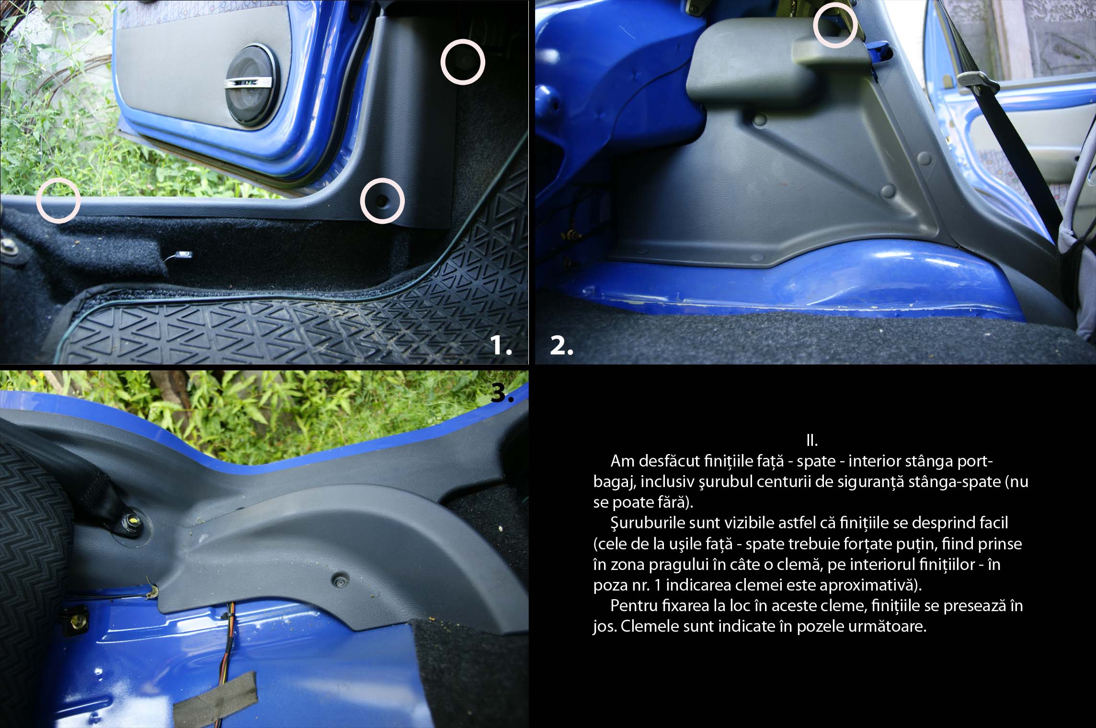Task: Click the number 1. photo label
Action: [502, 346]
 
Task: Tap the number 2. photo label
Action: [561, 346]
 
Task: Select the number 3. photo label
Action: [503, 393]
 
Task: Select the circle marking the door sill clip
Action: [58, 202]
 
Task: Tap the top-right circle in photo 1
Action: [463, 62]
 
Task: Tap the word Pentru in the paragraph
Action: [633, 606]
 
